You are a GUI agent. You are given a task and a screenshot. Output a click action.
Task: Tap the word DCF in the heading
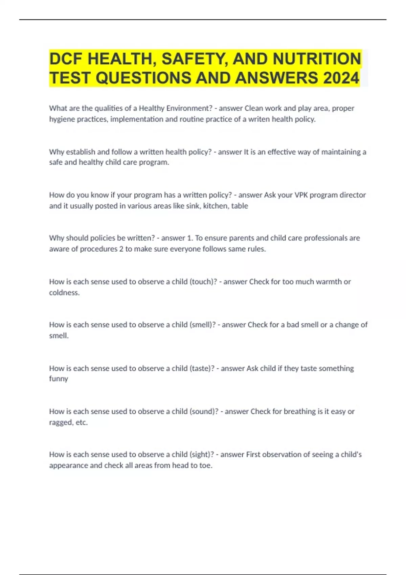tap(66, 59)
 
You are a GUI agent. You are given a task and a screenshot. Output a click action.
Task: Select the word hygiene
tap(62, 119)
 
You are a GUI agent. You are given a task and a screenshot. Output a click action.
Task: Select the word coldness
tap(64, 292)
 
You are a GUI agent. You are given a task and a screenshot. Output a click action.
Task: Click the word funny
tap(59, 378)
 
